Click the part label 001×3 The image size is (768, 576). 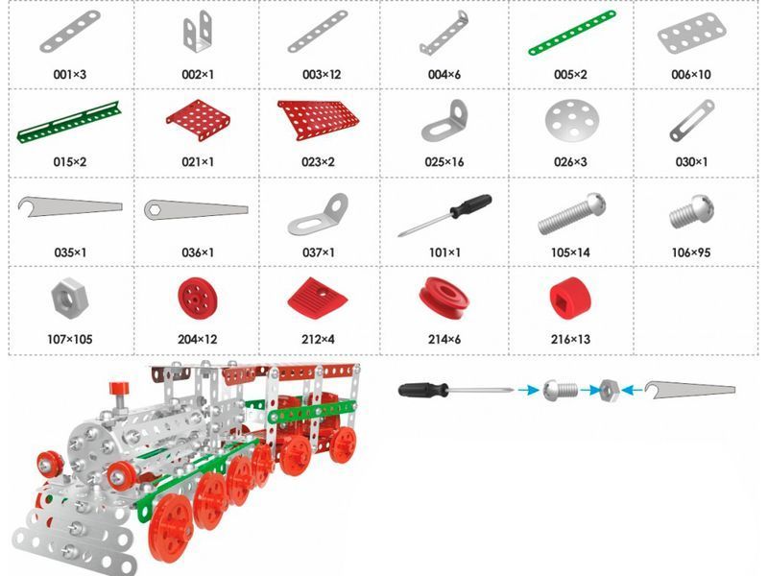pos(69,75)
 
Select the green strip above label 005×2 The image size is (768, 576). pos(572,33)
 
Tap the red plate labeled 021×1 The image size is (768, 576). pos(199,119)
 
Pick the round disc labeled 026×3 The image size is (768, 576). pos(572,121)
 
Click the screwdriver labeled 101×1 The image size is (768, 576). pos(444,214)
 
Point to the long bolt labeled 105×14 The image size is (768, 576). pos(571,213)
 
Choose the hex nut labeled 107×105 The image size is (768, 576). pos(69,296)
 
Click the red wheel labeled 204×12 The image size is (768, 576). pos(198,298)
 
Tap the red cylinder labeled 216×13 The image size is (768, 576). pos(570,299)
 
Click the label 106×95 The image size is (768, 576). pos(690,252)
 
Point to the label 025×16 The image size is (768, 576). pos(444,162)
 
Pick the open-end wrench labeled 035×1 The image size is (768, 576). pos(69,205)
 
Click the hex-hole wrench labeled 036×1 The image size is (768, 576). pos(196,209)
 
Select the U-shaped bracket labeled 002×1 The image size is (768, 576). pos(198,33)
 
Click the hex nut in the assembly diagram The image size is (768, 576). pos(610,391)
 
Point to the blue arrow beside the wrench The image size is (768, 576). pos(635,391)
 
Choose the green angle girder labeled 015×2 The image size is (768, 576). pos(69,122)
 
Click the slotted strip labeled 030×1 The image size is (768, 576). pos(691,121)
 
